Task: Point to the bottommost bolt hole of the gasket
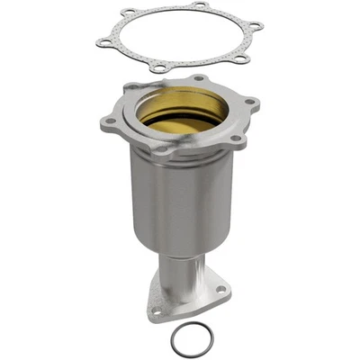click(x=159, y=67)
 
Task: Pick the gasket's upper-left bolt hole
click(x=129, y=13)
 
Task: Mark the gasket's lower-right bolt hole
click(x=239, y=59)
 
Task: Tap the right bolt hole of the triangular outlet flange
click(x=220, y=291)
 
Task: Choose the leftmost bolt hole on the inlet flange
click(x=111, y=121)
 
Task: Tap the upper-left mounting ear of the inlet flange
click(x=130, y=90)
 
